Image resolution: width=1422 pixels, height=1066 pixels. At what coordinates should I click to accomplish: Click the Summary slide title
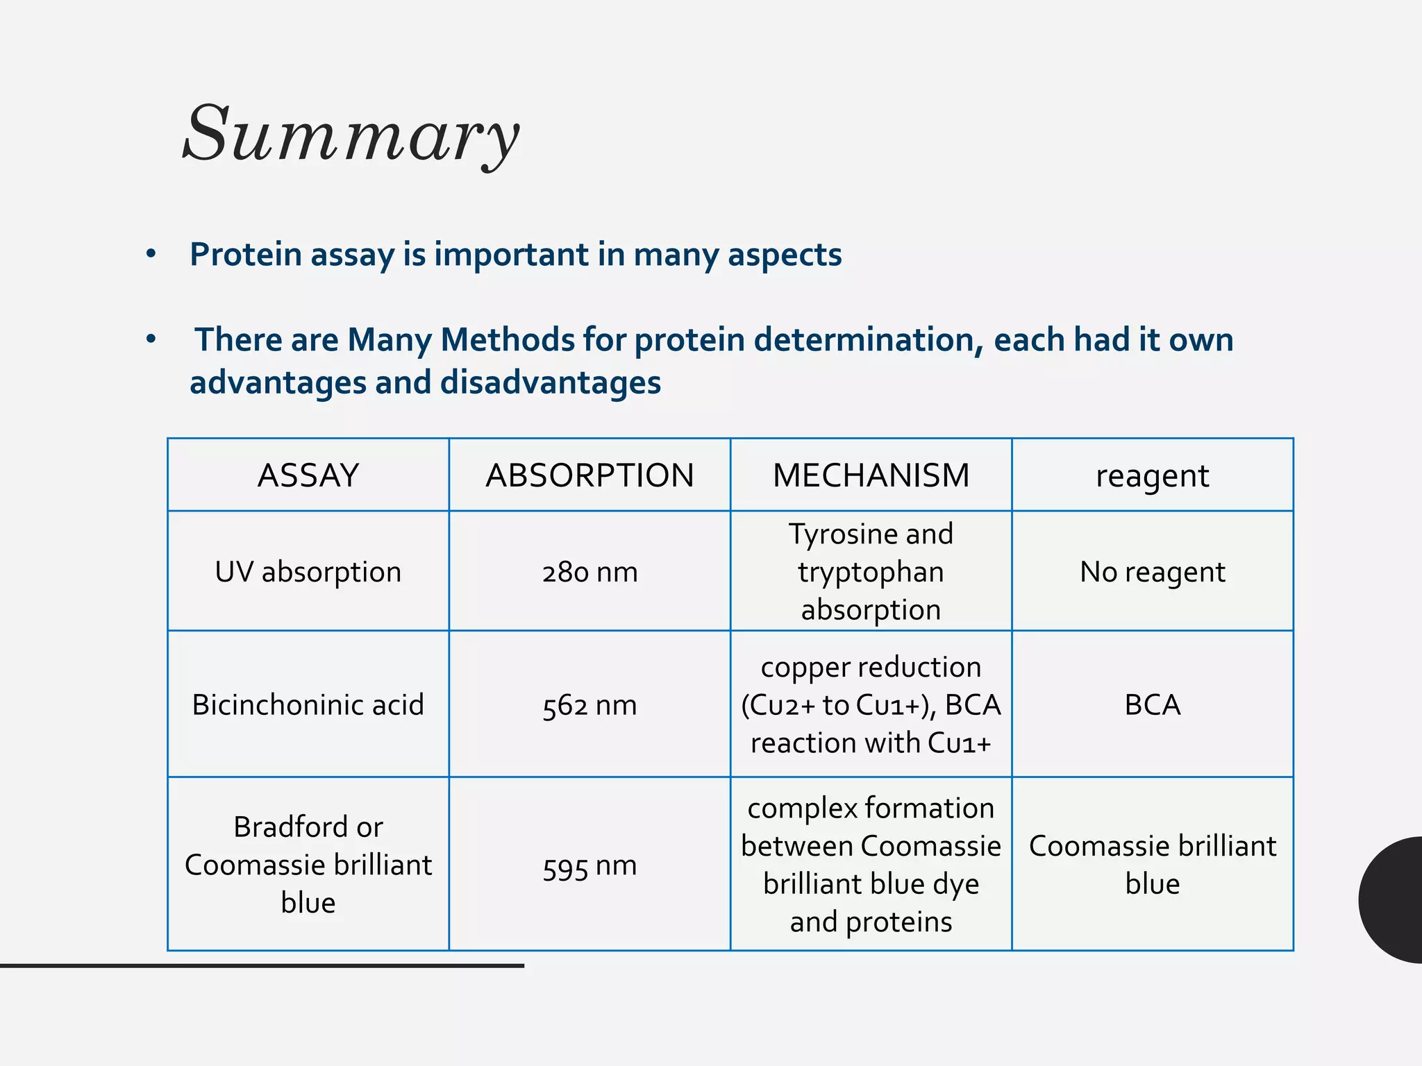[x=351, y=133]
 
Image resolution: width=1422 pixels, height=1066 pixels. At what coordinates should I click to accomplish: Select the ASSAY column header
[x=308, y=476]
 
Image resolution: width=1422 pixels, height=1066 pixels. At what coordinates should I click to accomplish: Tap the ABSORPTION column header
[x=589, y=476]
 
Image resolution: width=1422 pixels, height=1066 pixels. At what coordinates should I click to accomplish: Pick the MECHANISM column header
[x=871, y=476]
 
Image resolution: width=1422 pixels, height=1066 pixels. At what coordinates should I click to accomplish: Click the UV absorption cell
[x=308, y=572]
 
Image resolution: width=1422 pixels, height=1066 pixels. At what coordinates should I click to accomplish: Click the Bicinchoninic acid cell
[x=308, y=705]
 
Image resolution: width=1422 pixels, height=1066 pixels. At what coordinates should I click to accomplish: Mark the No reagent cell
[x=1152, y=572]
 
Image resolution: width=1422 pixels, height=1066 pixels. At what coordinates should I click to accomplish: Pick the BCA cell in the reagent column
[x=1152, y=705]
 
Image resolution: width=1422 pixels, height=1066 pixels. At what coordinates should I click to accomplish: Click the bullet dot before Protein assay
[x=151, y=254]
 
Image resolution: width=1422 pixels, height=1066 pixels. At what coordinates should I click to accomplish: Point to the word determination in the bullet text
[x=868, y=340]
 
